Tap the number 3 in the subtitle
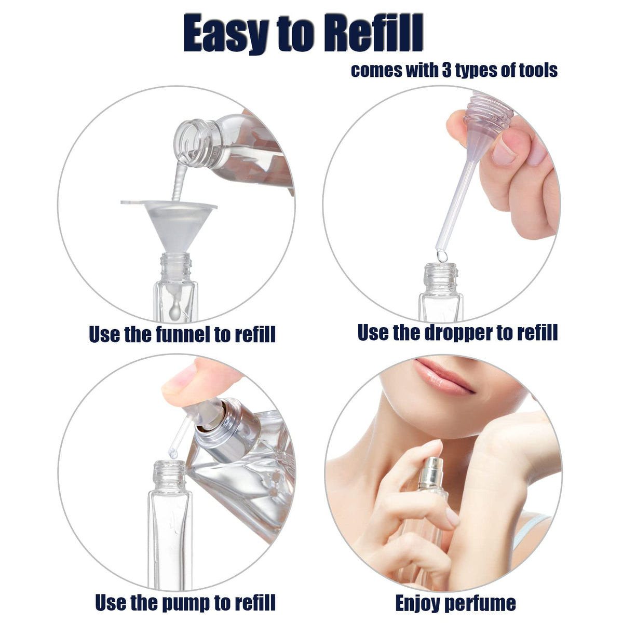point(446,70)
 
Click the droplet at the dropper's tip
point(442,256)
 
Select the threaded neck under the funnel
point(175,267)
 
